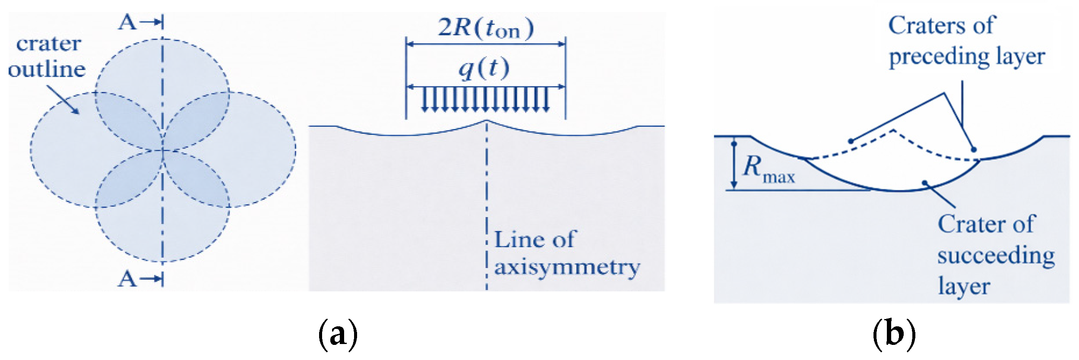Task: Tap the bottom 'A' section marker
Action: (x=128, y=279)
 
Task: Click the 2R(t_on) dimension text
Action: (x=486, y=28)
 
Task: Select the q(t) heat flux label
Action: (x=484, y=68)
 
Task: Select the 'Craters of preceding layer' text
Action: (x=966, y=41)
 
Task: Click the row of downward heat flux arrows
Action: (x=486, y=99)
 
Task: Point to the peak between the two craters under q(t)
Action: (x=487, y=120)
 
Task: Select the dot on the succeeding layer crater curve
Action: (x=925, y=182)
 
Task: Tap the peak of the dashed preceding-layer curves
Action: (x=892, y=129)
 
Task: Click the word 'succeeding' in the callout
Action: (x=995, y=256)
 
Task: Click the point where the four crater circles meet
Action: (x=163, y=150)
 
